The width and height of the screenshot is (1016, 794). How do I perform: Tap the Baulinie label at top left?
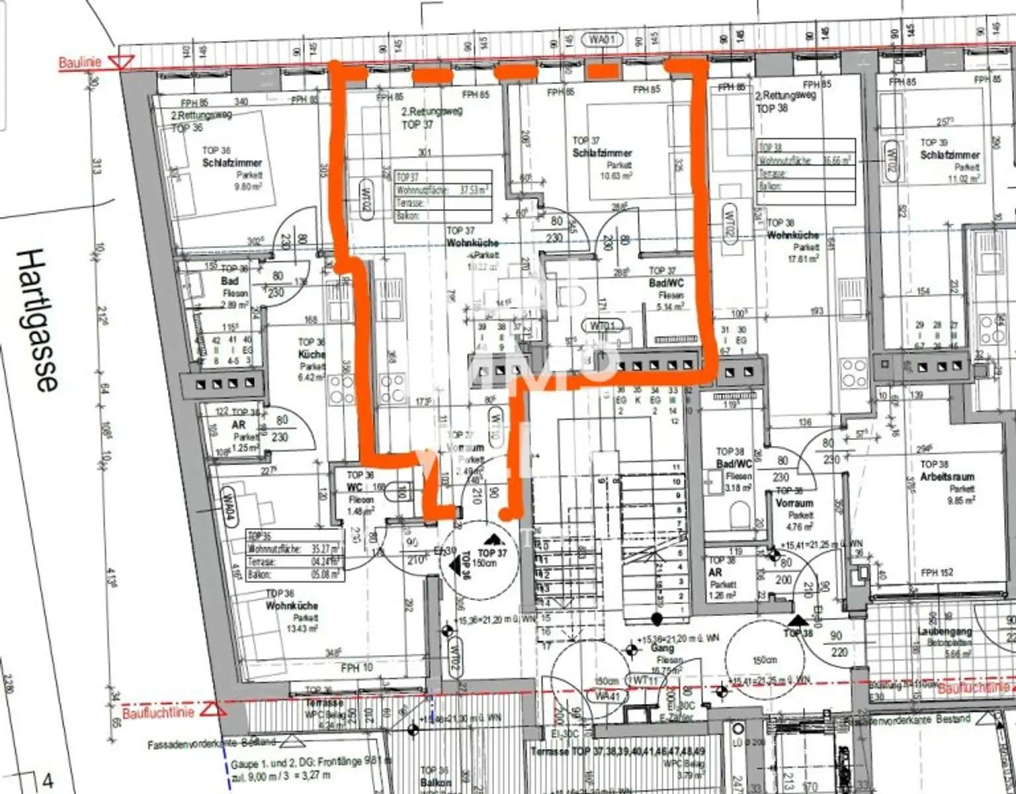[x=80, y=63]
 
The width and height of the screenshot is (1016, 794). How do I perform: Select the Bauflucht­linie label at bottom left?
[x=158, y=713]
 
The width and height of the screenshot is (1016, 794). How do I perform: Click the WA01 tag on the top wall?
[x=602, y=40]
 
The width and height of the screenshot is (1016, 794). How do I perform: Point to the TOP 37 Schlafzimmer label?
[x=602, y=153]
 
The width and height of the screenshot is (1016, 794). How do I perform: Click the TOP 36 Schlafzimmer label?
[x=232, y=163]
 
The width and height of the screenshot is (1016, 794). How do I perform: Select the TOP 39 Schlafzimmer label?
[x=950, y=155]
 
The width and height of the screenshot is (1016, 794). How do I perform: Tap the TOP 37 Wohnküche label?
[x=472, y=243]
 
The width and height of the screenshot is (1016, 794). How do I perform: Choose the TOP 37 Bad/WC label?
[x=666, y=283]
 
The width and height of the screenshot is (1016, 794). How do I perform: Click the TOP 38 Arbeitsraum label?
[x=947, y=476]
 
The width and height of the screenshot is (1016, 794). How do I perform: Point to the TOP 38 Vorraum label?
[x=794, y=503]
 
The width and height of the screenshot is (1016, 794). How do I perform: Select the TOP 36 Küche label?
[x=312, y=354]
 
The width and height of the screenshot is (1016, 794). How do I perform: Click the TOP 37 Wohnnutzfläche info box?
[x=443, y=196]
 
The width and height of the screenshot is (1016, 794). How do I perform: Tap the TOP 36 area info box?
[x=294, y=554]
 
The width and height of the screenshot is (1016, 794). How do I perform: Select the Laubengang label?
[x=945, y=632]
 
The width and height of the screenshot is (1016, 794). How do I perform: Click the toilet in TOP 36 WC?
[x=400, y=492]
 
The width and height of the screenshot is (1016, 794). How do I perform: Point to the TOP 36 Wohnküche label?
[x=292, y=605]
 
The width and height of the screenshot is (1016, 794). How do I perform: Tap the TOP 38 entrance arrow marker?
[x=798, y=620]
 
